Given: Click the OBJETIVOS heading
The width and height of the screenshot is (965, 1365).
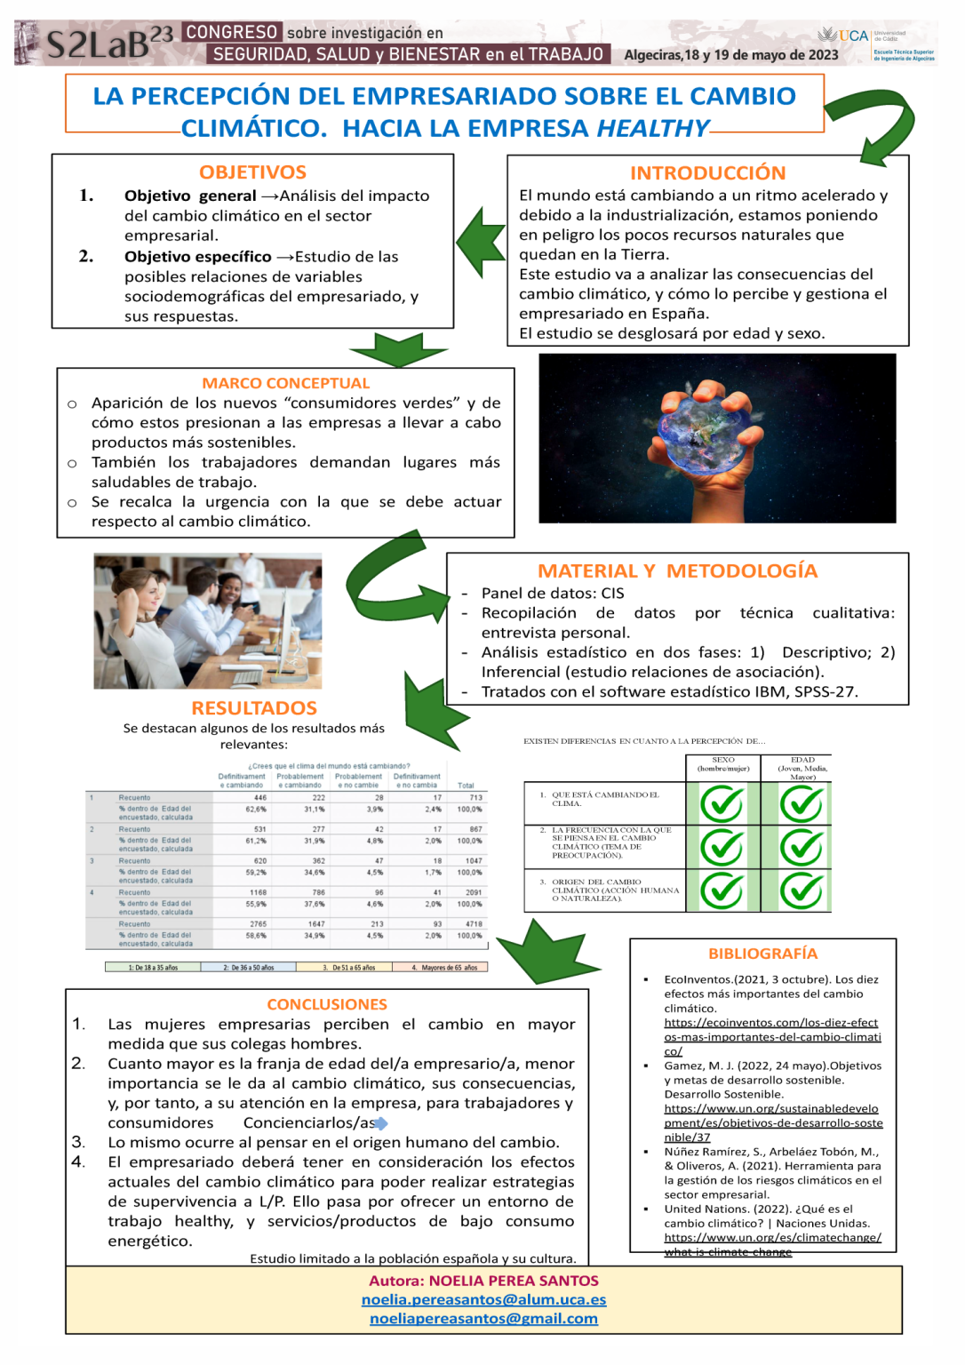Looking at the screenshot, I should [252, 172].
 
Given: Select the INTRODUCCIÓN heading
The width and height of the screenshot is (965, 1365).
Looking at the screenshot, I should [707, 173].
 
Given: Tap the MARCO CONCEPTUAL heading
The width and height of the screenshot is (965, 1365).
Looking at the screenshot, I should [285, 383].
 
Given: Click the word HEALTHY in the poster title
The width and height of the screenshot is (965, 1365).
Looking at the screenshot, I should [652, 129].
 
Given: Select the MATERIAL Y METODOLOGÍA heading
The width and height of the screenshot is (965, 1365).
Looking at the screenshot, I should [677, 571].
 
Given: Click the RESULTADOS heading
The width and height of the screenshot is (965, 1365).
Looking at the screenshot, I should [254, 708].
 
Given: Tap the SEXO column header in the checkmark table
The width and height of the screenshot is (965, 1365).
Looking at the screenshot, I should [722, 764].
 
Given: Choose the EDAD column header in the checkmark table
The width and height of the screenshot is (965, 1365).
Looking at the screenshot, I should [802, 768].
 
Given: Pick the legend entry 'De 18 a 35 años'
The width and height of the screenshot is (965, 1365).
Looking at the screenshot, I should [153, 968].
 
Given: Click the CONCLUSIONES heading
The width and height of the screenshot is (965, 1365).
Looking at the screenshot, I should [327, 1004].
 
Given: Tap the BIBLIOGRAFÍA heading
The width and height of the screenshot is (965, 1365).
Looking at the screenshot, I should [762, 954].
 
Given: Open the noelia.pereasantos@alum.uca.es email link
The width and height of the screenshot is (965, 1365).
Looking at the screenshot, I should [483, 1299].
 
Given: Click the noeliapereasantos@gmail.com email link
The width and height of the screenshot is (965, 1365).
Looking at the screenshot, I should [483, 1319].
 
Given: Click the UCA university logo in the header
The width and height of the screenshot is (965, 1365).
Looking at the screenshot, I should [844, 36].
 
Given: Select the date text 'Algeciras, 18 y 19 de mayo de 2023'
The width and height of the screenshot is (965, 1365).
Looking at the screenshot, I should [730, 55].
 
